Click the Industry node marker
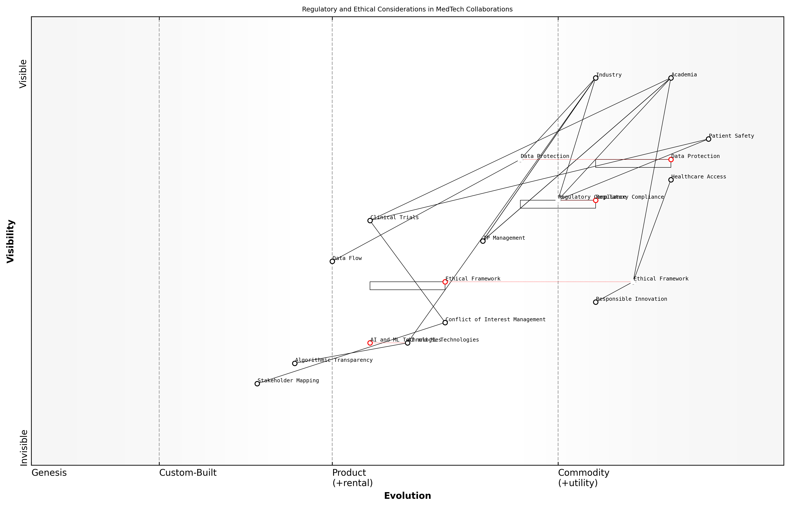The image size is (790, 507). [x=595, y=78]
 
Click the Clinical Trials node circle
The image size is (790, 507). [x=370, y=220]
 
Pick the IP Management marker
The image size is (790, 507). [x=483, y=241]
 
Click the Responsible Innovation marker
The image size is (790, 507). [x=595, y=302]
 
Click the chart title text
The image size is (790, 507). [x=407, y=9]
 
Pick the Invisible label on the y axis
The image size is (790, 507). [x=24, y=448]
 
